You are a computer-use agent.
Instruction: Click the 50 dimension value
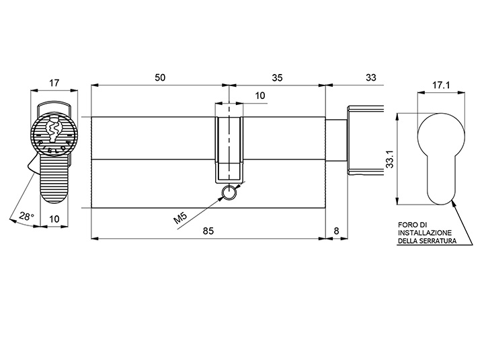coord(160,77)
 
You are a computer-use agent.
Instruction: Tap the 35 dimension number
coord(277,77)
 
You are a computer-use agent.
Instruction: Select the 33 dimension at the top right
coord(371,77)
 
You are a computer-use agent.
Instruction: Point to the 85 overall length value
coord(208,231)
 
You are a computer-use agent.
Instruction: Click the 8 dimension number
coord(337,231)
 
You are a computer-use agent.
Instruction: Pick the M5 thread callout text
coord(181,218)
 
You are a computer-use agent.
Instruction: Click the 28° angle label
coord(26,216)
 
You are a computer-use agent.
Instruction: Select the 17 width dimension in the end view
coord(54,83)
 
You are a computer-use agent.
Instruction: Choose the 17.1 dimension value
coord(441,85)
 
